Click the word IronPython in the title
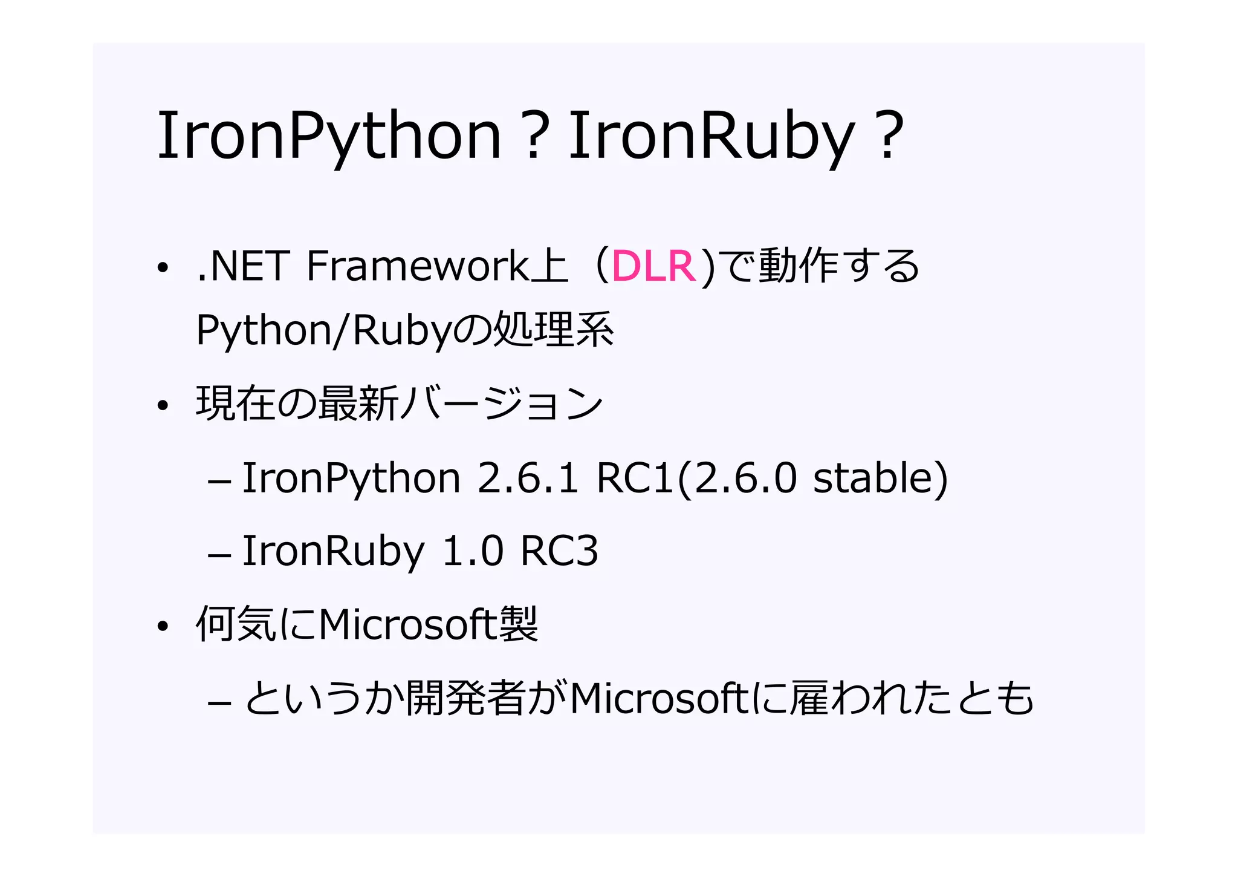pos(329,136)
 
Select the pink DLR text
pos(653,266)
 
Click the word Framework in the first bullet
pos(418,266)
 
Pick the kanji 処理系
pos(553,330)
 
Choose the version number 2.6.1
pos(528,478)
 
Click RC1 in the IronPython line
pos(635,478)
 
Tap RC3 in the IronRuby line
pos(559,551)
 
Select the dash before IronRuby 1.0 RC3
pos(219,554)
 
